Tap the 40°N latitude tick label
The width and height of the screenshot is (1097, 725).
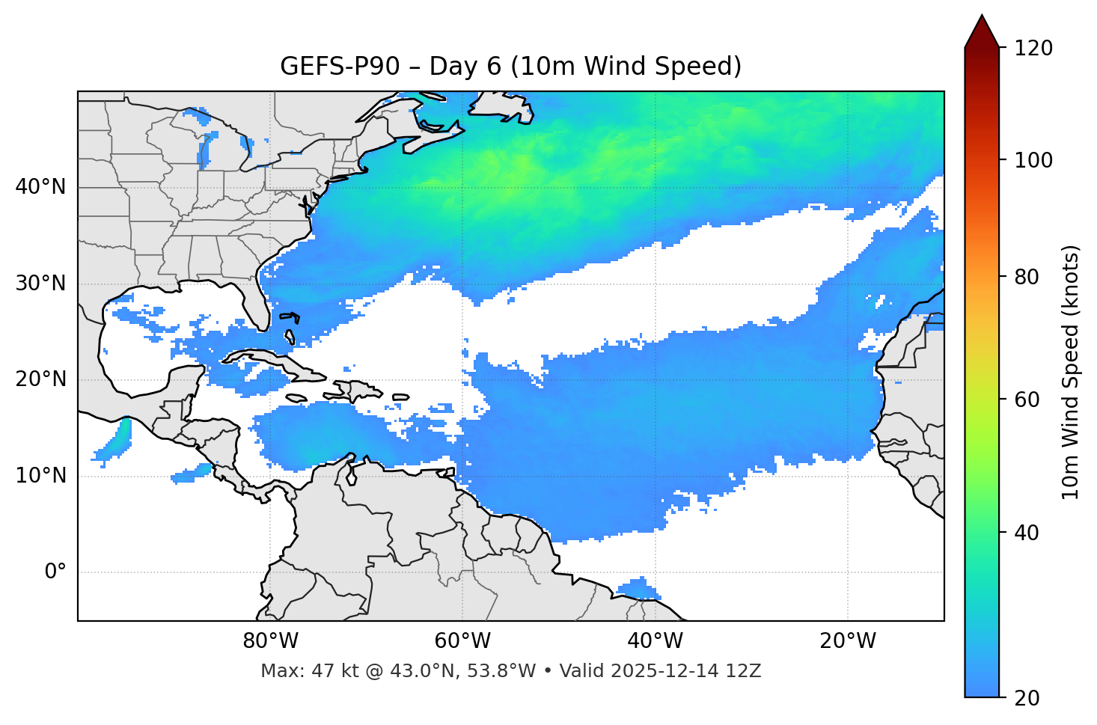[40, 187]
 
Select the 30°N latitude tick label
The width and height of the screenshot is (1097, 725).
[40, 284]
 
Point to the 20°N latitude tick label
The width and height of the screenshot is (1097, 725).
[40, 379]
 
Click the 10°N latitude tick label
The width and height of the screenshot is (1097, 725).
[40, 476]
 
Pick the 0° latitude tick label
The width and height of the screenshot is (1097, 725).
[55, 572]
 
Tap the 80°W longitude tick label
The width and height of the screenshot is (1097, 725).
[270, 641]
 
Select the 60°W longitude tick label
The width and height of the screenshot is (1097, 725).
[462, 641]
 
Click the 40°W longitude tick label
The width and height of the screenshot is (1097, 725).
[655, 641]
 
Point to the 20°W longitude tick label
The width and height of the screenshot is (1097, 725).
[847, 641]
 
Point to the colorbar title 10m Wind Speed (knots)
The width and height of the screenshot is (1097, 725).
[1071, 373]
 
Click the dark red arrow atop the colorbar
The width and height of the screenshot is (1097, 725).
[982, 31]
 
